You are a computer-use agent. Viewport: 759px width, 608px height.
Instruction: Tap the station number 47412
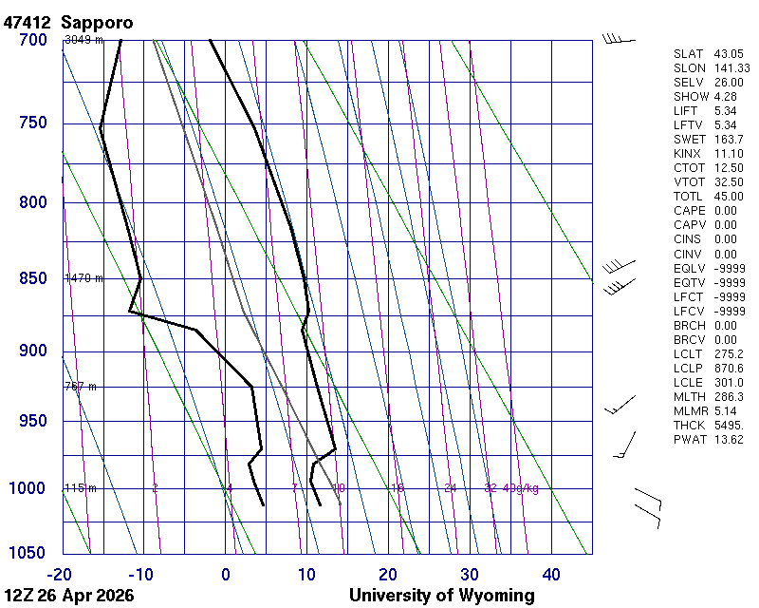coord(28,22)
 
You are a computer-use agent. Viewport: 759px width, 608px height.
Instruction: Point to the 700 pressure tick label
coord(33,40)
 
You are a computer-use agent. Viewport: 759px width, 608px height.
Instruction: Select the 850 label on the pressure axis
coord(33,278)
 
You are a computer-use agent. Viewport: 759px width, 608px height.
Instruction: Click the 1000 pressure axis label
coord(29,488)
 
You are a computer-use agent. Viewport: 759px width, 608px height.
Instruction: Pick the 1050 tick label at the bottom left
coord(29,554)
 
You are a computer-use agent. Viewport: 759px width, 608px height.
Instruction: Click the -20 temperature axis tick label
coord(61,574)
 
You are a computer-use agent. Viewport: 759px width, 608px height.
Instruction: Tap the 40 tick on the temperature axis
coord(551,574)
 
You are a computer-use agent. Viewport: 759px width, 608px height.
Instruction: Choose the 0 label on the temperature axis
coord(225,574)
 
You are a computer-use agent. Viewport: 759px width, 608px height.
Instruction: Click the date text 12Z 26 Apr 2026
coord(68,596)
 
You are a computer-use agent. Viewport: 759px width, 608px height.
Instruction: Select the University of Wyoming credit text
coord(441,596)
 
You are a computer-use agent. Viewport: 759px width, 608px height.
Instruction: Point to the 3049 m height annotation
coord(83,40)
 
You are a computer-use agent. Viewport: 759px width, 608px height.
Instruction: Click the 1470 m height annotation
coord(83,278)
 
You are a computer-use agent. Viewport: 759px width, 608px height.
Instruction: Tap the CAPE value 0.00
coord(725,211)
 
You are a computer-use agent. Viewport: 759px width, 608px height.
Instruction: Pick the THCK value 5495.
coord(728,425)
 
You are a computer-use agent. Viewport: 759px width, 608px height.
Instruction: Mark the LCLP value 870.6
coord(728,368)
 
